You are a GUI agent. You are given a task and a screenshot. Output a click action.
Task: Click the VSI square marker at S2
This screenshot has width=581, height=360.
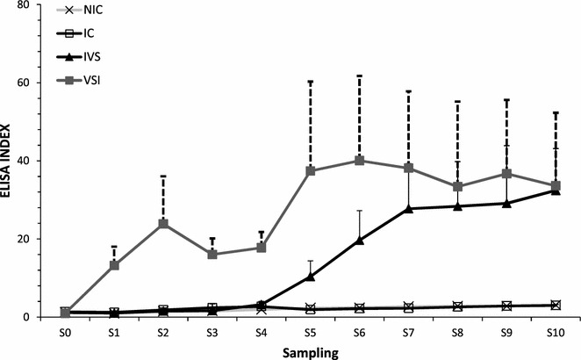pyautogui.click(x=163, y=223)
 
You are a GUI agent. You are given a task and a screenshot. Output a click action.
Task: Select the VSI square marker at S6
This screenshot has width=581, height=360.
pyautogui.click(x=360, y=161)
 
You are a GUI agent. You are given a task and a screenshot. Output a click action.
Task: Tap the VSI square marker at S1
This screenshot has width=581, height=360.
pyautogui.click(x=115, y=265)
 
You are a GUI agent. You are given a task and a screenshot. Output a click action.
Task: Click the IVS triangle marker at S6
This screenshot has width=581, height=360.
pyautogui.click(x=360, y=240)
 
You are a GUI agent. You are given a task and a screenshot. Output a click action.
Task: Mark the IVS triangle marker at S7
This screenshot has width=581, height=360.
pyautogui.click(x=409, y=208)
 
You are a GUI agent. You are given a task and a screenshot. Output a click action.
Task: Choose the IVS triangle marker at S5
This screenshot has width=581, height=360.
pyautogui.click(x=311, y=277)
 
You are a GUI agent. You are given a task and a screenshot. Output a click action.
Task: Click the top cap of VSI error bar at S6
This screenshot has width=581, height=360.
pyautogui.click(x=360, y=76)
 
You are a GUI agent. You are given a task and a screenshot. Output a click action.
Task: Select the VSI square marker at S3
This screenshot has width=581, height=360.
pyautogui.click(x=212, y=254)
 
